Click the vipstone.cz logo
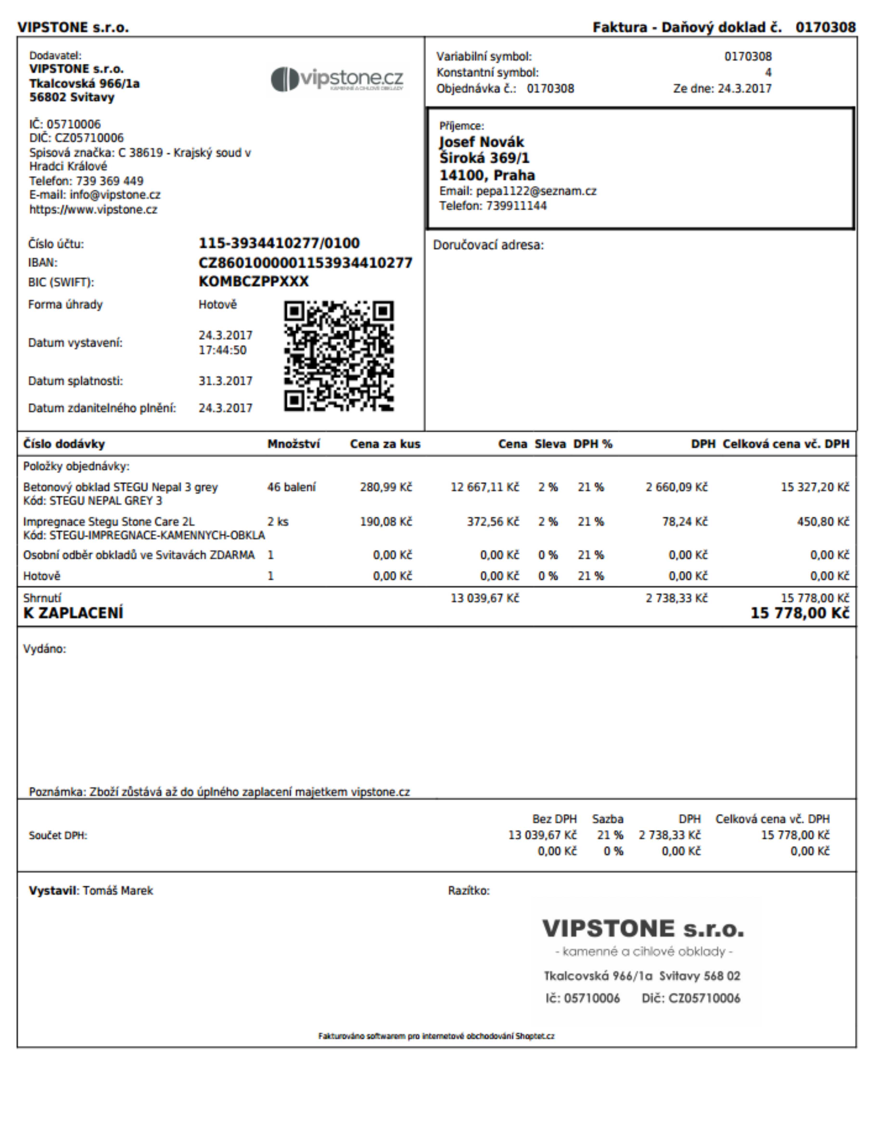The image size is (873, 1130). pos(337,79)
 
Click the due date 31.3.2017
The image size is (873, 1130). pos(225,381)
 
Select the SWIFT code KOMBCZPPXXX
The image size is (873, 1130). pos(254,281)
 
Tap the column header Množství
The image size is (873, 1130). pos(293,444)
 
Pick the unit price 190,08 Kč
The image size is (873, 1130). pos(386,522)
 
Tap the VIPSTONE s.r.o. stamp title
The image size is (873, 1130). pos(643,929)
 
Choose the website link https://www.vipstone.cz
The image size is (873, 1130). pos(93,210)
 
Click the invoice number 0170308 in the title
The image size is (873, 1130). pos(825,27)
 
